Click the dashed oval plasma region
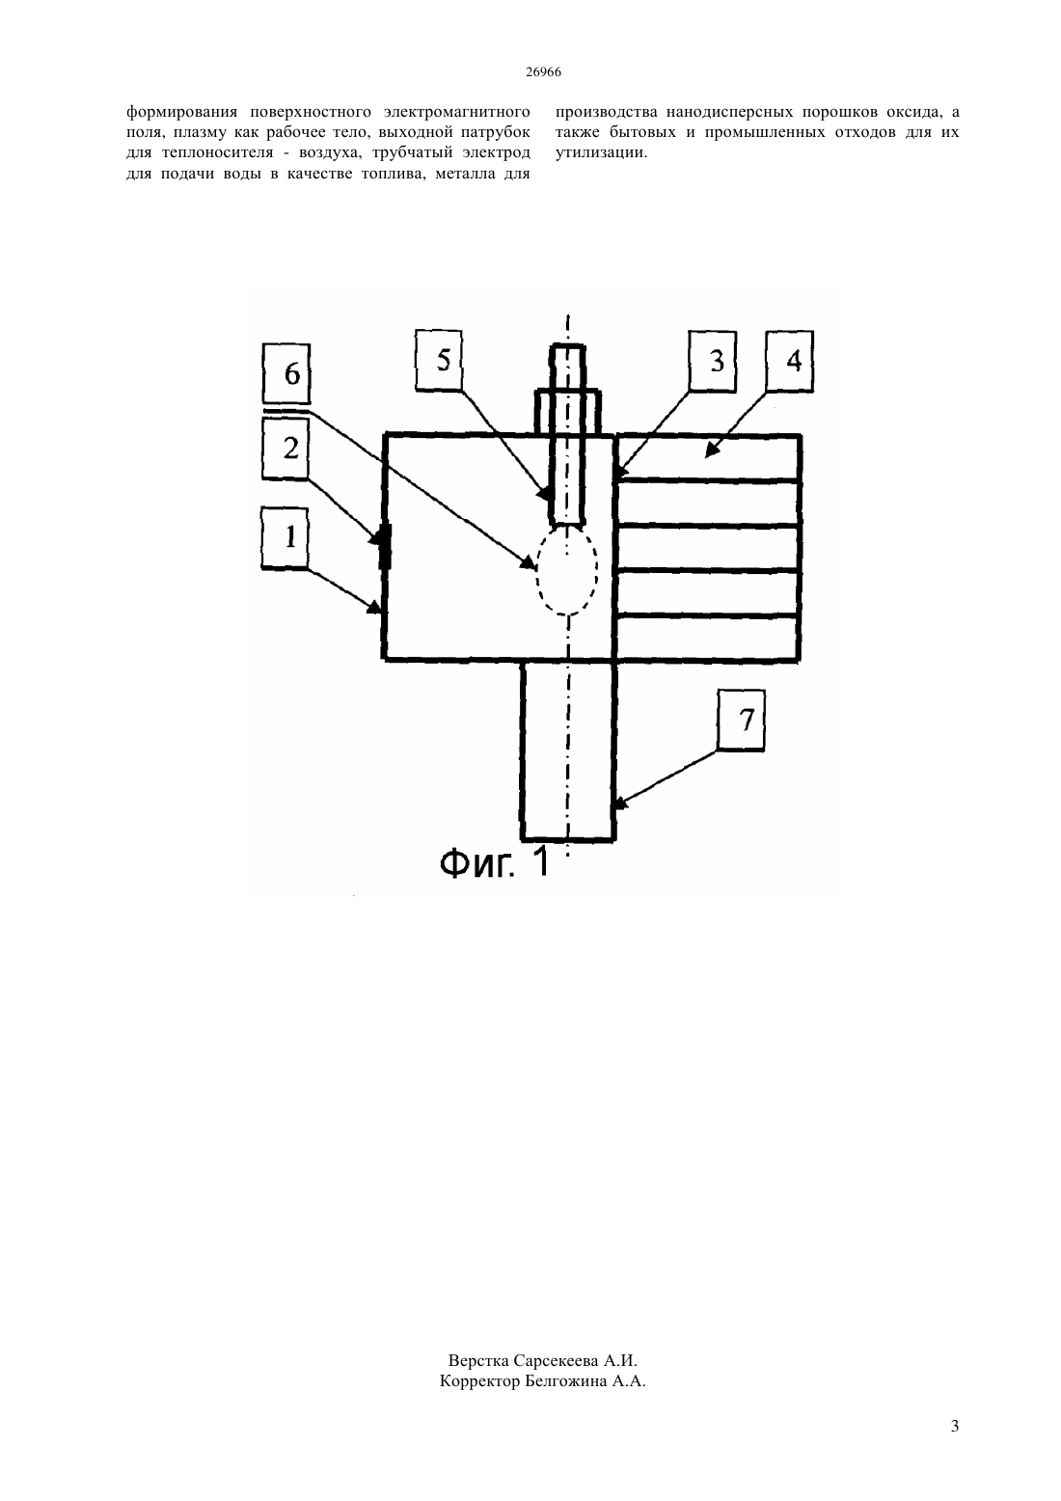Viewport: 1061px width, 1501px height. [x=537, y=569]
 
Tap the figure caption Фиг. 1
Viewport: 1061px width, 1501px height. [x=495, y=862]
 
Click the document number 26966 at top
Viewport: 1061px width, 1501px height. [x=543, y=72]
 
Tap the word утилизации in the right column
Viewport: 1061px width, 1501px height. [x=602, y=153]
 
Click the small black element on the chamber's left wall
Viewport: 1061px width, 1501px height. [x=385, y=548]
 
